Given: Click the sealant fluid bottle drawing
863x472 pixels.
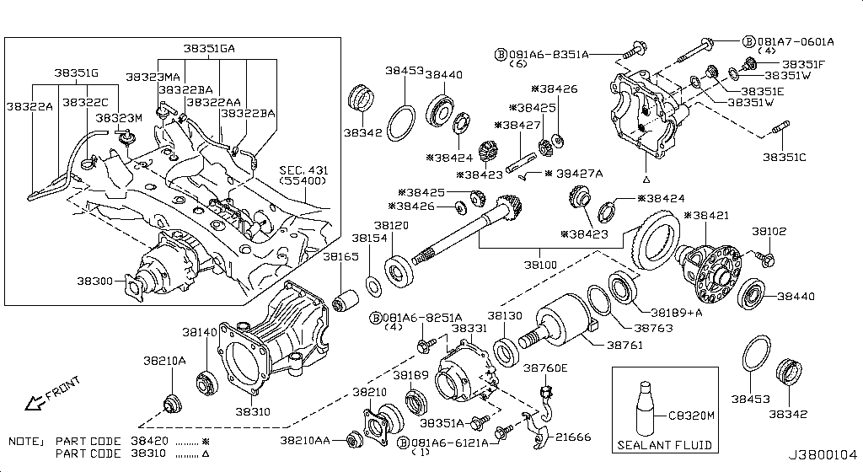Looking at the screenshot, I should (646, 407).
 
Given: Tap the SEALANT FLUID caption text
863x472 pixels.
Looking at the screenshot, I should (664, 445).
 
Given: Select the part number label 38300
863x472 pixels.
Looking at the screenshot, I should (95, 282).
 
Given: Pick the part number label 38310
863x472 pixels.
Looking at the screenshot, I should (252, 411).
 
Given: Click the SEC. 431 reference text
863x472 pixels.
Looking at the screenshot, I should (303, 171).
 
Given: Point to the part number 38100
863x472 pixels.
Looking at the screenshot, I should (541, 265).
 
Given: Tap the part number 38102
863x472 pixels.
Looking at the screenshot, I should (769, 230).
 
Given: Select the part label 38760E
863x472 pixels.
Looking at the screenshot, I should (545, 367).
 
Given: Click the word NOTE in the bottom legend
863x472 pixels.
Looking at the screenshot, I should (24, 441).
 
